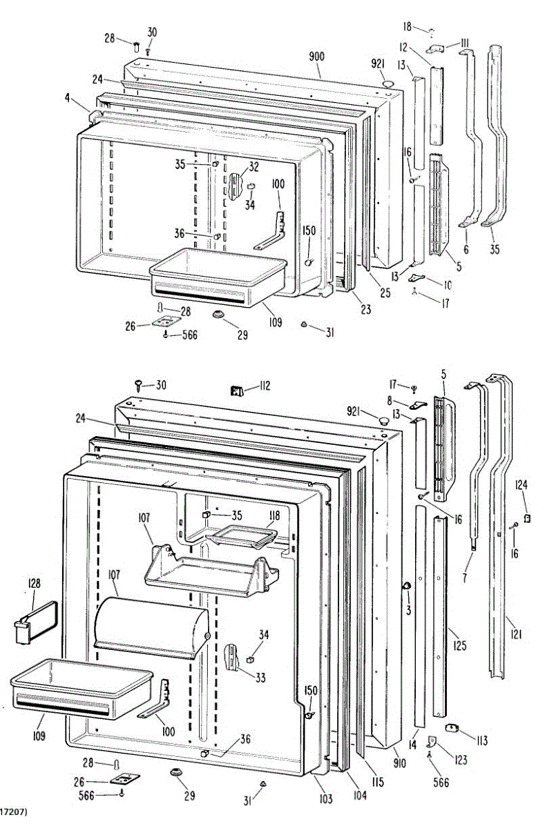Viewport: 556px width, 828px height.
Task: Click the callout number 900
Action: click(316, 55)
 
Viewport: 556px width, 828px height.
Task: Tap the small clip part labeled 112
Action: click(237, 392)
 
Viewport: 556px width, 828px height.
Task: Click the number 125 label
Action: click(459, 646)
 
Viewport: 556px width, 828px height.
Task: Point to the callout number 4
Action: click(68, 99)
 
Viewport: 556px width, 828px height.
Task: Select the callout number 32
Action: click(254, 166)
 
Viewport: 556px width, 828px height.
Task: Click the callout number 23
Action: click(365, 310)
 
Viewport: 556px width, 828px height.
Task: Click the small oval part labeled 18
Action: click(430, 30)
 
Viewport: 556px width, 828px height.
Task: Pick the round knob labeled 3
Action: click(406, 586)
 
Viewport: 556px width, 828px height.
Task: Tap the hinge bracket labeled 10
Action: click(416, 277)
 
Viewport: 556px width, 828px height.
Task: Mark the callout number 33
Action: click(260, 678)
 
